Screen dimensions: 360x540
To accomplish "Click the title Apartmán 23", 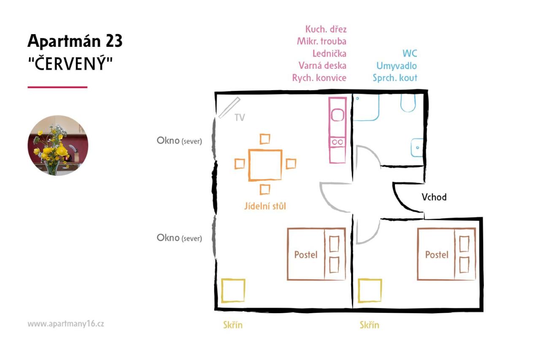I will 75,41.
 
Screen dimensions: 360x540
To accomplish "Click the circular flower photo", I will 58,145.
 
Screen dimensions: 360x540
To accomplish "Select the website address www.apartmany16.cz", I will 66,324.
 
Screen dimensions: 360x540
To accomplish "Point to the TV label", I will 240,118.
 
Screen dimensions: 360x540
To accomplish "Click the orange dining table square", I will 265,165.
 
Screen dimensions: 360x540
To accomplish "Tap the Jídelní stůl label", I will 265,206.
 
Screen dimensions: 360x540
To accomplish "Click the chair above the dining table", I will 265,139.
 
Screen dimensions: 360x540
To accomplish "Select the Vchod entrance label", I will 434,197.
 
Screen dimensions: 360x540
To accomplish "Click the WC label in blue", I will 410,54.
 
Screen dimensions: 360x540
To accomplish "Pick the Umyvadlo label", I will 397,66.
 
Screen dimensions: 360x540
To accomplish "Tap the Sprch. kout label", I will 395,78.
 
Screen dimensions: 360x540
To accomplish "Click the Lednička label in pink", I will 329,54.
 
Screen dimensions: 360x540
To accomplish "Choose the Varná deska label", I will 323,66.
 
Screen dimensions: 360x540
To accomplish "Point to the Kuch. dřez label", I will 326,29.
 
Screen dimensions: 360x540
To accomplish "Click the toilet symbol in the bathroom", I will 408,102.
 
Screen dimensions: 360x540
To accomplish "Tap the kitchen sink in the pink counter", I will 337,115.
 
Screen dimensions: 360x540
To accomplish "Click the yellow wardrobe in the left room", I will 233,290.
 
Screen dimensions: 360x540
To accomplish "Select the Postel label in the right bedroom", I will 437,255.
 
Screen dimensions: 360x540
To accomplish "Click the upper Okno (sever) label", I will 179,141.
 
